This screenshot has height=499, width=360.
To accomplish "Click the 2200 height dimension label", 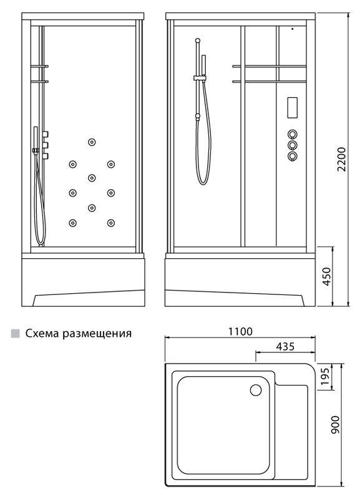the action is [341, 159].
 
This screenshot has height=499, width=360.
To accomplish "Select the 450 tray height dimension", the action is [326, 276].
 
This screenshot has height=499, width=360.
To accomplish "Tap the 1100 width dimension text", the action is [240, 331].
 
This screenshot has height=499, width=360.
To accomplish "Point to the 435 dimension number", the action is [285, 346].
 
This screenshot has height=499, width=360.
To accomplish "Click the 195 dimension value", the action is [325, 377].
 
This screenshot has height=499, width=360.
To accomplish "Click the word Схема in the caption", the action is [42, 333].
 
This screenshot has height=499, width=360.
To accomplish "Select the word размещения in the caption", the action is [97, 334].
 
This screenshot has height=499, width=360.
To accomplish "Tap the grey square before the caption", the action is [15, 333].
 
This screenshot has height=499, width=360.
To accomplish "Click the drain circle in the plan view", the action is [256, 390].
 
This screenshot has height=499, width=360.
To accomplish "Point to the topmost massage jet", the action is [92, 142].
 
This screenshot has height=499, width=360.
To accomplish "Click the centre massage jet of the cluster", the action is [92, 178].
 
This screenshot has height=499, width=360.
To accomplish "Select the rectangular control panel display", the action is [292, 108].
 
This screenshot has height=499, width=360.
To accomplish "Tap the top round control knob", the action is [292, 134].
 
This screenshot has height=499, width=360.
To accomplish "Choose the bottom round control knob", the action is [292, 157].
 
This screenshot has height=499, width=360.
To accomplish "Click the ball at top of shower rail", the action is [198, 41].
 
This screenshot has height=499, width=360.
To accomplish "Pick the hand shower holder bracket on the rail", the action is [200, 77].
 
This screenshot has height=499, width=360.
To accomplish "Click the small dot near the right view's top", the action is [292, 29].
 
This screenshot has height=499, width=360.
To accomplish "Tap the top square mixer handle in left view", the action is [45, 134].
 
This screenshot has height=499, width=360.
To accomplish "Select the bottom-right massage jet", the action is [111, 223].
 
